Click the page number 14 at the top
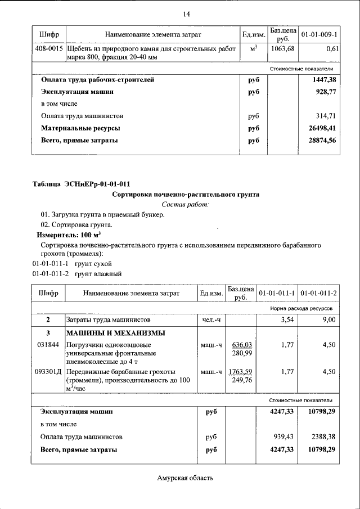click(x=186, y=13)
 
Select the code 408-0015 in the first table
click(x=48, y=50)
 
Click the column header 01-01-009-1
click(x=319, y=35)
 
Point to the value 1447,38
click(x=324, y=80)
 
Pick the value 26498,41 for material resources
click(x=322, y=128)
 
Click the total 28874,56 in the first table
click(x=322, y=141)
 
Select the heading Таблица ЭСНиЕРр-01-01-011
click(x=82, y=184)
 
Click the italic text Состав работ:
click(x=186, y=204)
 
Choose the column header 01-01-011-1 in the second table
click(x=277, y=294)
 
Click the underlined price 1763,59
click(x=241, y=372)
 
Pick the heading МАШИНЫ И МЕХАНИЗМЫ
click(x=116, y=332)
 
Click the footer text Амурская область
click(x=186, y=478)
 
